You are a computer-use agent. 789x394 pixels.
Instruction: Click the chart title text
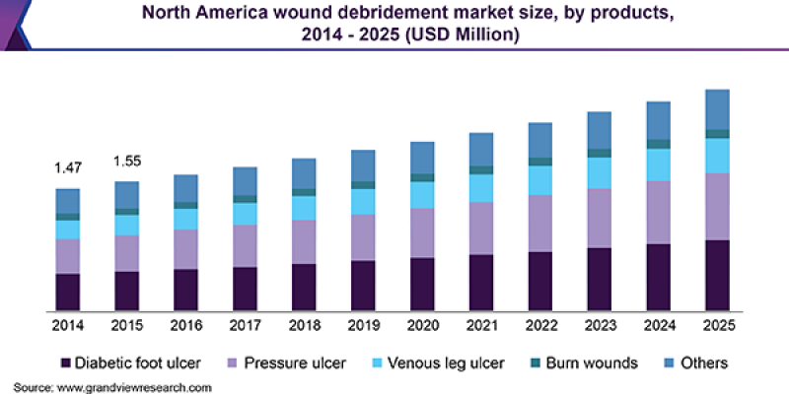394,24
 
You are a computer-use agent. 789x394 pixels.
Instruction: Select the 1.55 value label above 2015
126,161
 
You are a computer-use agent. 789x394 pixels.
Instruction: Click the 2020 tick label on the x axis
422,325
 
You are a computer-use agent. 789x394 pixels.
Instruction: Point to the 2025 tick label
717,325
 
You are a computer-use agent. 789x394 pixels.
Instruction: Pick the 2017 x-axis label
245,325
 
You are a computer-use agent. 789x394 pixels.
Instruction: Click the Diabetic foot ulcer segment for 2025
717,275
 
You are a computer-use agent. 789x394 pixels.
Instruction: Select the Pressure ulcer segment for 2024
658,212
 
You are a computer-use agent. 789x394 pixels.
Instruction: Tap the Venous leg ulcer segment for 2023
599,172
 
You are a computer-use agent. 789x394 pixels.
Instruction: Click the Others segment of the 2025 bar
717,109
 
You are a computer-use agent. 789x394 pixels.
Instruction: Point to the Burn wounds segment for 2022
539,162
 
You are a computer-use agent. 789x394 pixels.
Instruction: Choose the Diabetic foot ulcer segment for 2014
67,292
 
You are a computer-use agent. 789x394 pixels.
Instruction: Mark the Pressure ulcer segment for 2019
363,237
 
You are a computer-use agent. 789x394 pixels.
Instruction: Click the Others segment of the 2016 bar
185,188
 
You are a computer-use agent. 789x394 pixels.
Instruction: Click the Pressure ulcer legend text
297,363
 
